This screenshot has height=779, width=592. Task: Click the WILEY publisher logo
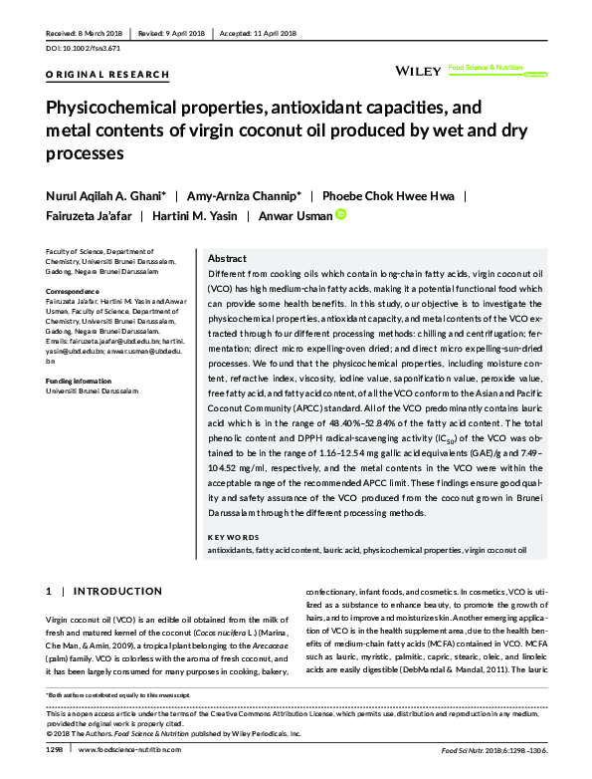(x=418, y=71)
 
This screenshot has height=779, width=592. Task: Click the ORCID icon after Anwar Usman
(x=340, y=214)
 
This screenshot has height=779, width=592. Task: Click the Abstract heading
(x=227, y=257)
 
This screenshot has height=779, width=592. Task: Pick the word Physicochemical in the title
(x=117, y=109)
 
